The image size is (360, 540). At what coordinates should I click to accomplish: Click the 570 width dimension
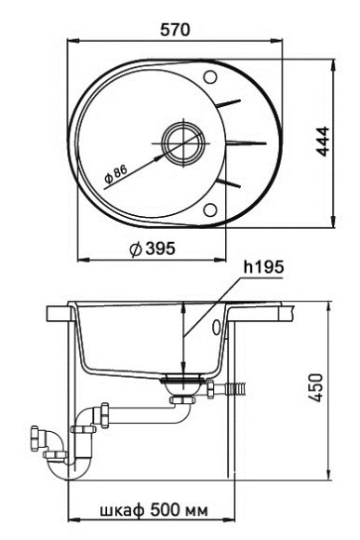click(174, 30)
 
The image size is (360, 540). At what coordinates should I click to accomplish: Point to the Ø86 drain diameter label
click(115, 172)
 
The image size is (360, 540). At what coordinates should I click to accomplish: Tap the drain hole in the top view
click(178, 142)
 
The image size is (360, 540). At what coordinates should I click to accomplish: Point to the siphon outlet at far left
click(40, 436)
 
